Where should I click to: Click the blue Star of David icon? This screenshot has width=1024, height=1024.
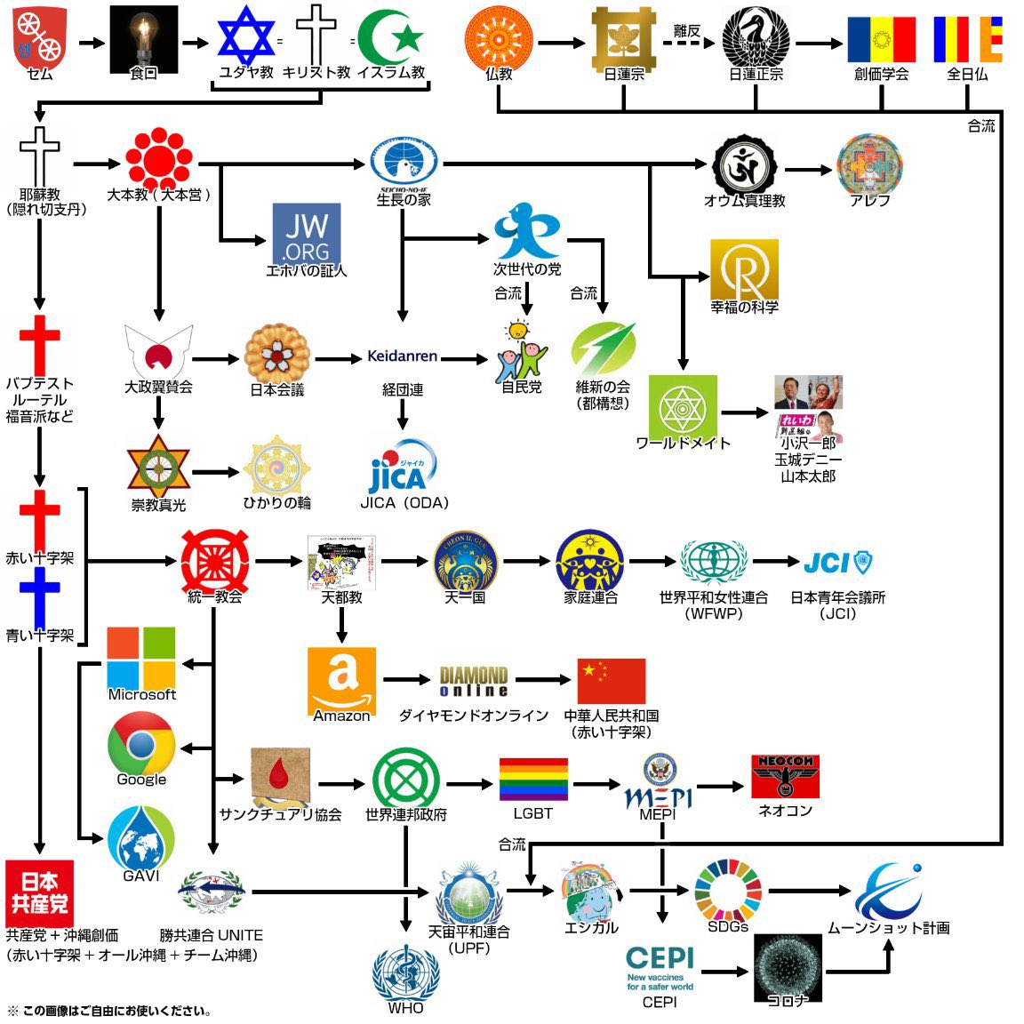tap(246, 36)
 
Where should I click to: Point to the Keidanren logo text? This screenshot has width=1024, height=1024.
tap(403, 356)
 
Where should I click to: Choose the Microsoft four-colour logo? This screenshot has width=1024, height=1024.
tap(141, 658)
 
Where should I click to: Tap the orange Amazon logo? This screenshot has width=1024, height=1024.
tap(341, 679)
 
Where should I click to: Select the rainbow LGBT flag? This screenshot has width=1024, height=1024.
tap(533, 780)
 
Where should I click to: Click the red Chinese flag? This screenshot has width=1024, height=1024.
tap(611, 682)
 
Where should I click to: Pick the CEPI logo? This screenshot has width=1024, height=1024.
tap(660, 968)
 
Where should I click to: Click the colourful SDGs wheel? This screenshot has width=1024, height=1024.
tap(728, 892)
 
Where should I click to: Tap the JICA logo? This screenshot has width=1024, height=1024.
tap(403, 467)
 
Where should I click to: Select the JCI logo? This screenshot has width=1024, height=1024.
tap(837, 563)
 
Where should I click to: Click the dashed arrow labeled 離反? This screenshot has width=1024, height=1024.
tap(687, 42)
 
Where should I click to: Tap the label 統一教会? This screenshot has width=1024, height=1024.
tap(215, 597)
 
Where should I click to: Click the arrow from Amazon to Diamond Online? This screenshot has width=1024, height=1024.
tap(406, 680)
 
